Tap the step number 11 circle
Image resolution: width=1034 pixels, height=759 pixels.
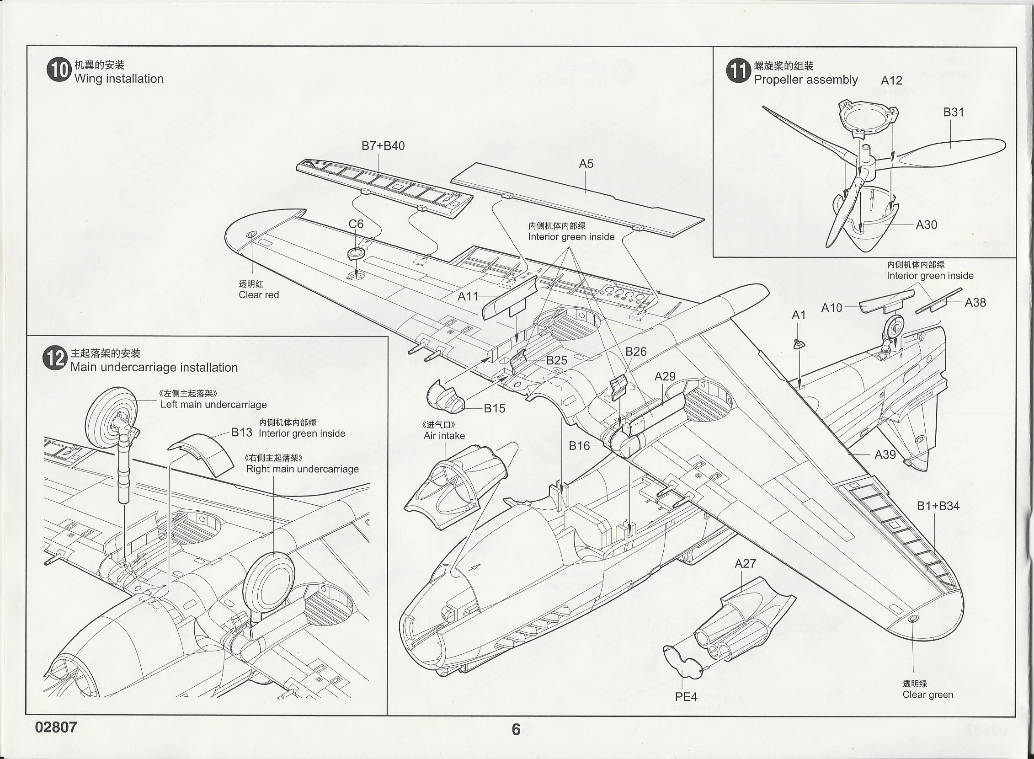(738, 72)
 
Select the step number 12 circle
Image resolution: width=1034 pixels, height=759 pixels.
(55, 359)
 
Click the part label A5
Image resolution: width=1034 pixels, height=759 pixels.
(586, 164)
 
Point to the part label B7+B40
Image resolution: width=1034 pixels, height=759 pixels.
(383, 146)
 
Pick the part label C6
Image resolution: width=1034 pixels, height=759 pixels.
(356, 224)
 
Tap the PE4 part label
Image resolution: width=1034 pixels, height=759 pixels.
(686, 697)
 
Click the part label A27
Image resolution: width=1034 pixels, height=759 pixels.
(745, 563)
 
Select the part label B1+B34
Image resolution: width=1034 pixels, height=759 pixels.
(938, 506)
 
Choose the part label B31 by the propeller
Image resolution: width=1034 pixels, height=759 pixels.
(954, 112)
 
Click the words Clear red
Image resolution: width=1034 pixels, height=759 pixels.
(259, 295)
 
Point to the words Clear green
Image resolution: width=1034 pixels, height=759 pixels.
(927, 695)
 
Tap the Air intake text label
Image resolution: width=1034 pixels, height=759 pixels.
(444, 436)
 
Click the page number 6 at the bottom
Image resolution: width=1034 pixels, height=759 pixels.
(516, 729)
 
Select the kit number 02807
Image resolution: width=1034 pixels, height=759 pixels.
(56, 727)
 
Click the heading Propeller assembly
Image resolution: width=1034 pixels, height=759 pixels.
(805, 80)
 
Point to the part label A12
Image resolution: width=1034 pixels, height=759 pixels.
(891, 80)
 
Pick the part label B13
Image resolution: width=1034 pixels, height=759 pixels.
(242, 432)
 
